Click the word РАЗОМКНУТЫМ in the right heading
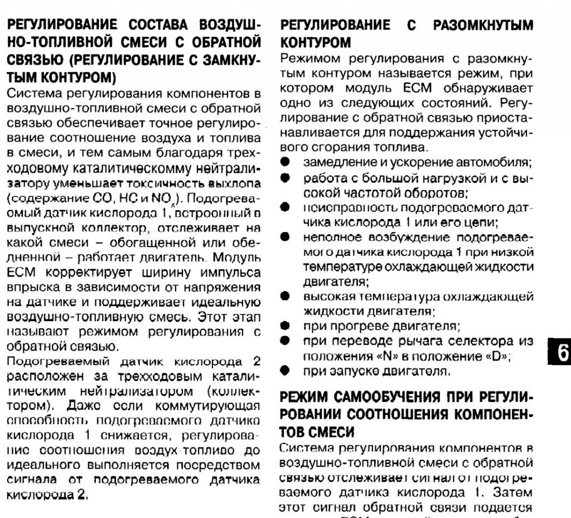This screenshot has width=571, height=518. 483,26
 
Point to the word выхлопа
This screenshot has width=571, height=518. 236,184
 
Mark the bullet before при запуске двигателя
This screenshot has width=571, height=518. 285,370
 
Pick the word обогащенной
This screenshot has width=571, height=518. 153,243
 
